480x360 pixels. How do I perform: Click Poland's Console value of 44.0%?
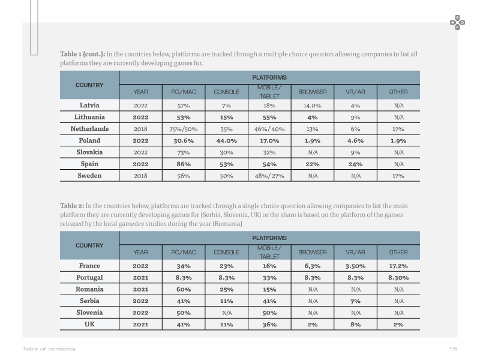(x=226, y=141)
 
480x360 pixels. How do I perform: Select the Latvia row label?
(x=89, y=106)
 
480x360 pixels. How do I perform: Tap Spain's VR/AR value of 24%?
(x=355, y=164)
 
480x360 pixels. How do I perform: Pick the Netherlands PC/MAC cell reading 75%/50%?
(x=184, y=129)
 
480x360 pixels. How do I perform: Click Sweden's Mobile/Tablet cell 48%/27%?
(x=269, y=176)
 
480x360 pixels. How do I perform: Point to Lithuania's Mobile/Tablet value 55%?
(x=269, y=118)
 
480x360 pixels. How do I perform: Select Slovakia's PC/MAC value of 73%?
(x=184, y=152)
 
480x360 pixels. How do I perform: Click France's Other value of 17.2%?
(x=398, y=266)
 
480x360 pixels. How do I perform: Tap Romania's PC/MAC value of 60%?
(x=184, y=290)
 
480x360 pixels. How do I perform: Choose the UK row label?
(x=89, y=324)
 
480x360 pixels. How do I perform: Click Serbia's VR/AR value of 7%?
(x=355, y=301)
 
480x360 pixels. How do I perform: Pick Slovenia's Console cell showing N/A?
(x=227, y=313)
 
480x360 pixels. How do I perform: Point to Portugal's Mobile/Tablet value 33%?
(x=269, y=278)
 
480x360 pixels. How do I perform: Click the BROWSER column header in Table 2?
(x=312, y=252)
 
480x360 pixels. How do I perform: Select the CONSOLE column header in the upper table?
(x=226, y=92)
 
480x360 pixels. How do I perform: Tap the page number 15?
(x=453, y=349)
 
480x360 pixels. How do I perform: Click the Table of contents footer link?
(x=49, y=349)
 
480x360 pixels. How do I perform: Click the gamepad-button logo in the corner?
(x=457, y=23)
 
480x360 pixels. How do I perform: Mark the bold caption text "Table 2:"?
(x=72, y=206)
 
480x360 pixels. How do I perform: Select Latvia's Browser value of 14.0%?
(x=312, y=106)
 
